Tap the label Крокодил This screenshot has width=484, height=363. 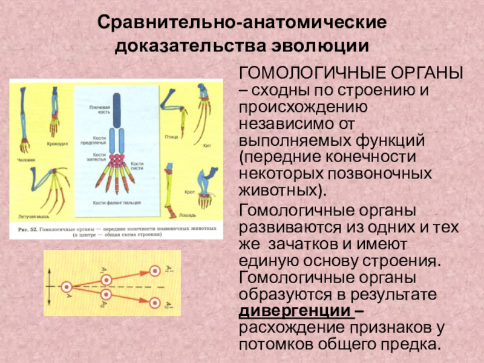(x=57, y=146)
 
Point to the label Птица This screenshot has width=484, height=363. (x=171, y=137)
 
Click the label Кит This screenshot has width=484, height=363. (x=207, y=146)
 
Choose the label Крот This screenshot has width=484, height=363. (x=189, y=191)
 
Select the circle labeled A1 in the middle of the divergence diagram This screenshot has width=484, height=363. (x=107, y=280)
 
